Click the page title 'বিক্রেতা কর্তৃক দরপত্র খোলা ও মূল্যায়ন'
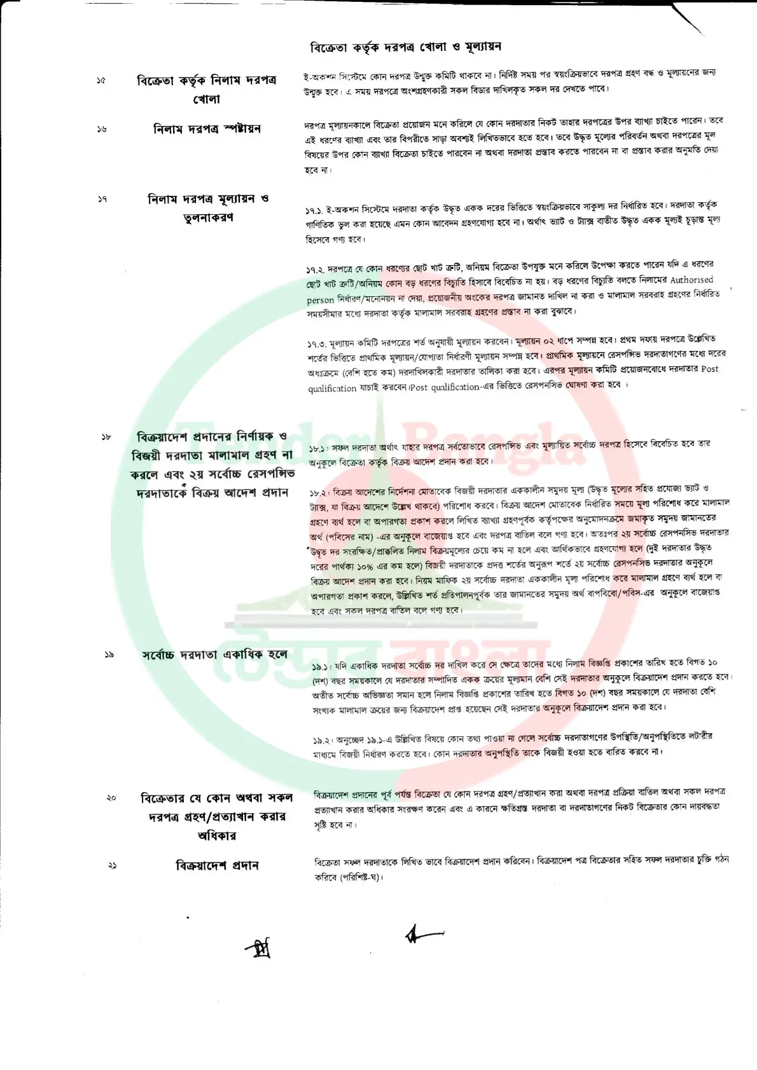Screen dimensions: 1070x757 [405, 47]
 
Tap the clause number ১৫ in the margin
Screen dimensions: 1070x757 [101, 81]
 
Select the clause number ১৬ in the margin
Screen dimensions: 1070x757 [102, 129]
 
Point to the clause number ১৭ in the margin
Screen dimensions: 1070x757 [102, 199]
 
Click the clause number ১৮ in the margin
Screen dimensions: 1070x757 [106, 437]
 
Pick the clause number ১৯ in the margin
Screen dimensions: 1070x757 [109, 654]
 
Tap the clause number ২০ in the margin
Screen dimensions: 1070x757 [111, 797]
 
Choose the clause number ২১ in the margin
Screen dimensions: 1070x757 [112, 865]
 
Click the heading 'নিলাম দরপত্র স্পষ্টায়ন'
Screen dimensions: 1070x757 [207, 129]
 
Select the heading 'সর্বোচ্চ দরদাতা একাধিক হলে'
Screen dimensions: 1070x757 [214, 654]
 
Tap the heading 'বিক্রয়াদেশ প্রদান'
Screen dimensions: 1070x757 [217, 865]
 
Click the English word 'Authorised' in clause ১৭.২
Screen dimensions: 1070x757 [691, 280]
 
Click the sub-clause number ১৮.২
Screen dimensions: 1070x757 [319, 493]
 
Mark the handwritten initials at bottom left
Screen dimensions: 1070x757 [260, 949]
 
